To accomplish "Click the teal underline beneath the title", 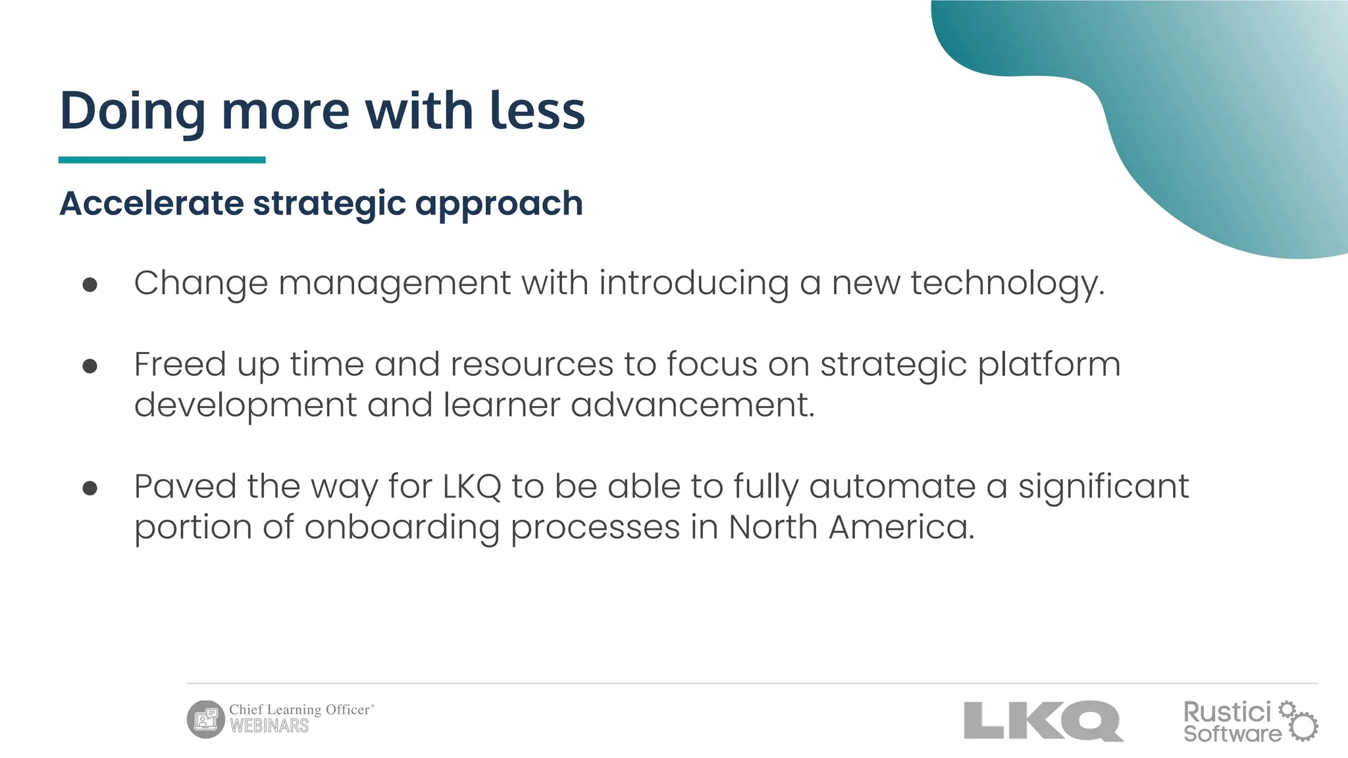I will pyautogui.click(x=162, y=160).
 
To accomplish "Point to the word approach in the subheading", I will pyautogui.click(x=499, y=204).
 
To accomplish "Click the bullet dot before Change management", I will pyautogui.click(x=90, y=284).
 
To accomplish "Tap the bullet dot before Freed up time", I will pyautogui.click(x=90, y=366).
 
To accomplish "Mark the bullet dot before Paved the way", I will pyautogui.click(x=90, y=488).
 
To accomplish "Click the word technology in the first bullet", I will pyautogui.click(x=1007, y=284).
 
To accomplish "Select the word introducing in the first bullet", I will pyautogui.click(x=694, y=284).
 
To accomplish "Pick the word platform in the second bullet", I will pyautogui.click(x=1049, y=365).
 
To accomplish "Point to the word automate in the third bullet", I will pyautogui.click(x=893, y=487).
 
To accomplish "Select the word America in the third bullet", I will pyautogui.click(x=901, y=527).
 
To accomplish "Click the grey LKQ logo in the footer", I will pyautogui.click(x=1043, y=721).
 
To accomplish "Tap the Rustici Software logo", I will pyautogui.click(x=1250, y=722).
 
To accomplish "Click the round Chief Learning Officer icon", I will pyautogui.click(x=206, y=719).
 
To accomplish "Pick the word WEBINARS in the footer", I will pyautogui.click(x=269, y=726).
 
